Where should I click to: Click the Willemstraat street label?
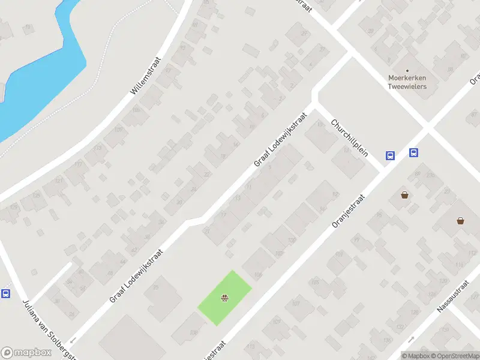click(x=146, y=76)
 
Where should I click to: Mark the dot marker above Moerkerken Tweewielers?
click(x=407, y=70)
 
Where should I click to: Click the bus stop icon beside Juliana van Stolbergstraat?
click(x=6, y=294)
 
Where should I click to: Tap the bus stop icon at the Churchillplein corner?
click(x=390, y=155)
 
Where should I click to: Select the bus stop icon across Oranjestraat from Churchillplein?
click(x=413, y=153)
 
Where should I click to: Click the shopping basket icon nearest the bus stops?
click(x=405, y=195)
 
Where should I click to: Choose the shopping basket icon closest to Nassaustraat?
click(x=460, y=221)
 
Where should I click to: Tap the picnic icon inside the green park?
click(x=224, y=297)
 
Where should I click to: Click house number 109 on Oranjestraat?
click(x=277, y=322)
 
